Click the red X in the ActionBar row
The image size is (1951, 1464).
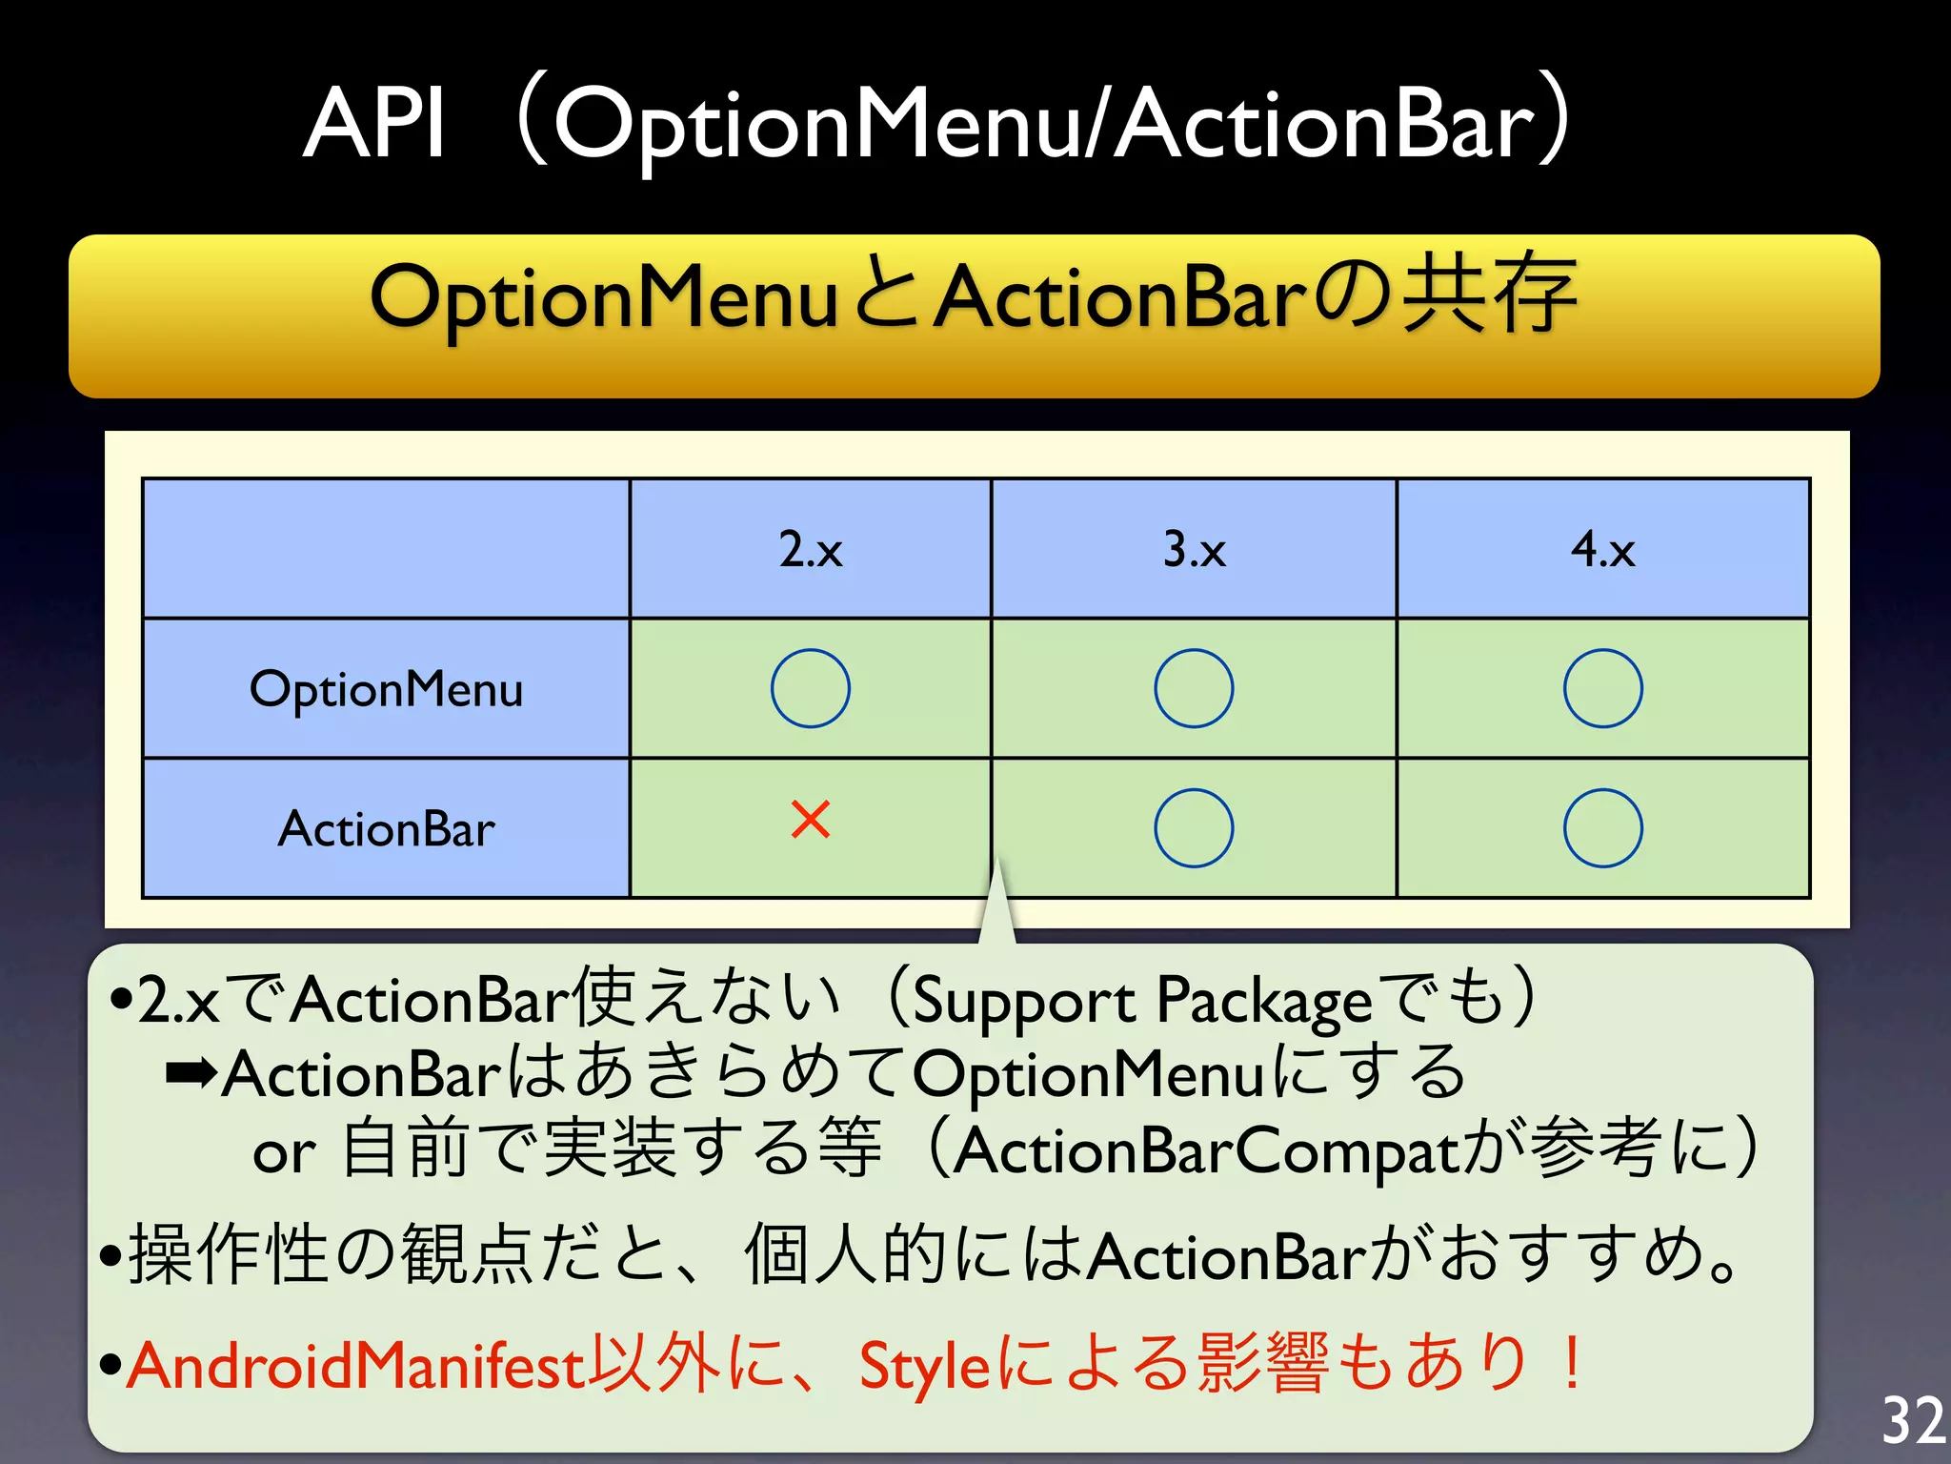click(811, 820)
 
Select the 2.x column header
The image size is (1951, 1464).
click(811, 550)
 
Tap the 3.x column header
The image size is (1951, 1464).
click(1194, 550)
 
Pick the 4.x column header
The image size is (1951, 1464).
click(1602, 550)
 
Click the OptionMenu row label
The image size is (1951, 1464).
click(386, 689)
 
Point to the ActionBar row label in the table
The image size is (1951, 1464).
click(386, 828)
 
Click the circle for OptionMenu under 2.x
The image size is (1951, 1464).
click(811, 688)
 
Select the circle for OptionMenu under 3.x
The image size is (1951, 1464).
click(1194, 688)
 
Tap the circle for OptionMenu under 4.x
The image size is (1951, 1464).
click(1602, 688)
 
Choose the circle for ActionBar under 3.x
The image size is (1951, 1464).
click(1194, 827)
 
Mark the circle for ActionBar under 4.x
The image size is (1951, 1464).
click(1602, 827)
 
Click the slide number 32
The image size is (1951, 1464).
click(1912, 1420)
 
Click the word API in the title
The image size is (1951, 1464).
click(374, 124)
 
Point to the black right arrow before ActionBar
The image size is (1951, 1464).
click(190, 1075)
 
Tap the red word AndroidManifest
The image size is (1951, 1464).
click(354, 1365)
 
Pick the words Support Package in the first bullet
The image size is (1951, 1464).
click(1141, 1001)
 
